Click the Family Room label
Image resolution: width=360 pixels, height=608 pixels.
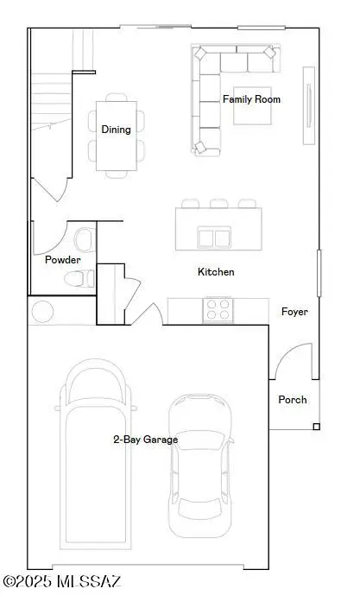point(251,99)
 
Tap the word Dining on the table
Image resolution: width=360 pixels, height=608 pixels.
point(116,130)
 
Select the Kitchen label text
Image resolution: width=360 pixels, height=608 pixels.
point(216,272)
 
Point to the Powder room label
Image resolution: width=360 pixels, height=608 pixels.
point(63,260)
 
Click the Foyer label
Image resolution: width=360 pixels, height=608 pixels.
point(294,312)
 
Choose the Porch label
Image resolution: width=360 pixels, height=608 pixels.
point(293,400)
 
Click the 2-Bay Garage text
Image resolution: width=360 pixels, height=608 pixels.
point(145,440)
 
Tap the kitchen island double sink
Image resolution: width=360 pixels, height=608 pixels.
point(215,237)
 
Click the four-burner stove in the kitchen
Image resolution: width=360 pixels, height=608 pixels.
point(218,309)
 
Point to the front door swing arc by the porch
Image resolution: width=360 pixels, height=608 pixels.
point(293,360)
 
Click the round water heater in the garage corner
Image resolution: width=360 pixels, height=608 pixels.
point(42,311)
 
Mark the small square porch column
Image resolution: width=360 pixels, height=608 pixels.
point(316,427)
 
